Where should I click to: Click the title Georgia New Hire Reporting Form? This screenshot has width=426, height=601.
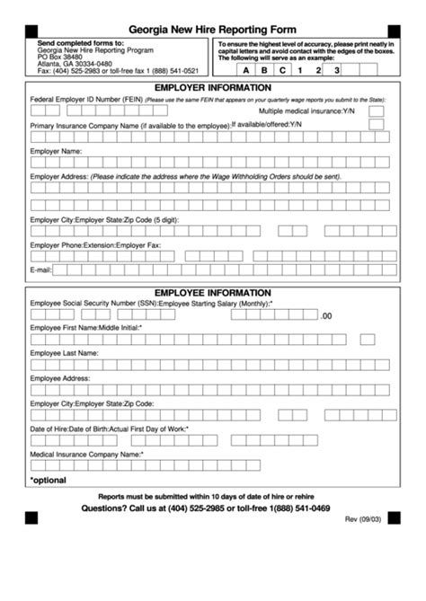pyautogui.click(x=212, y=30)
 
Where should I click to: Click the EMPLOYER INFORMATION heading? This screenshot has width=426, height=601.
pyautogui.click(x=213, y=88)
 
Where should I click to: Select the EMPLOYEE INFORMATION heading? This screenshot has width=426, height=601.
pyautogui.click(x=213, y=293)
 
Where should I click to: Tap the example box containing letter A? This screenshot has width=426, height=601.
pyautogui.click(x=246, y=69)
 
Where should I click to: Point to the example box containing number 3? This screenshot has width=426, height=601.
pyautogui.click(x=336, y=69)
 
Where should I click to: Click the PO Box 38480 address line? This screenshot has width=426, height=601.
pyautogui.click(x=59, y=57)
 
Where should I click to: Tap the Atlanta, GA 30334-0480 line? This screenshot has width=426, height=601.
pyautogui.click(x=75, y=65)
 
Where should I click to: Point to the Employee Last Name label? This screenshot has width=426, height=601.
pyautogui.click(x=64, y=354)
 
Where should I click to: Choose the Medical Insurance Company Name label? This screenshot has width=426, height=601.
pyautogui.click(x=85, y=455)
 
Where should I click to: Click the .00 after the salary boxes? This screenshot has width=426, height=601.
pyautogui.click(x=326, y=316)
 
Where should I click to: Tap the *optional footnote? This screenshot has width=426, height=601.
pyautogui.click(x=48, y=482)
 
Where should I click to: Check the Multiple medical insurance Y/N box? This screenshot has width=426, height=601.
pyautogui.click(x=377, y=111)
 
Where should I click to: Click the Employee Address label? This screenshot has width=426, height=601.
pyautogui.click(x=60, y=379)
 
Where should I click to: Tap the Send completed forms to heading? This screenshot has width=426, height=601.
pyautogui.click(x=81, y=43)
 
